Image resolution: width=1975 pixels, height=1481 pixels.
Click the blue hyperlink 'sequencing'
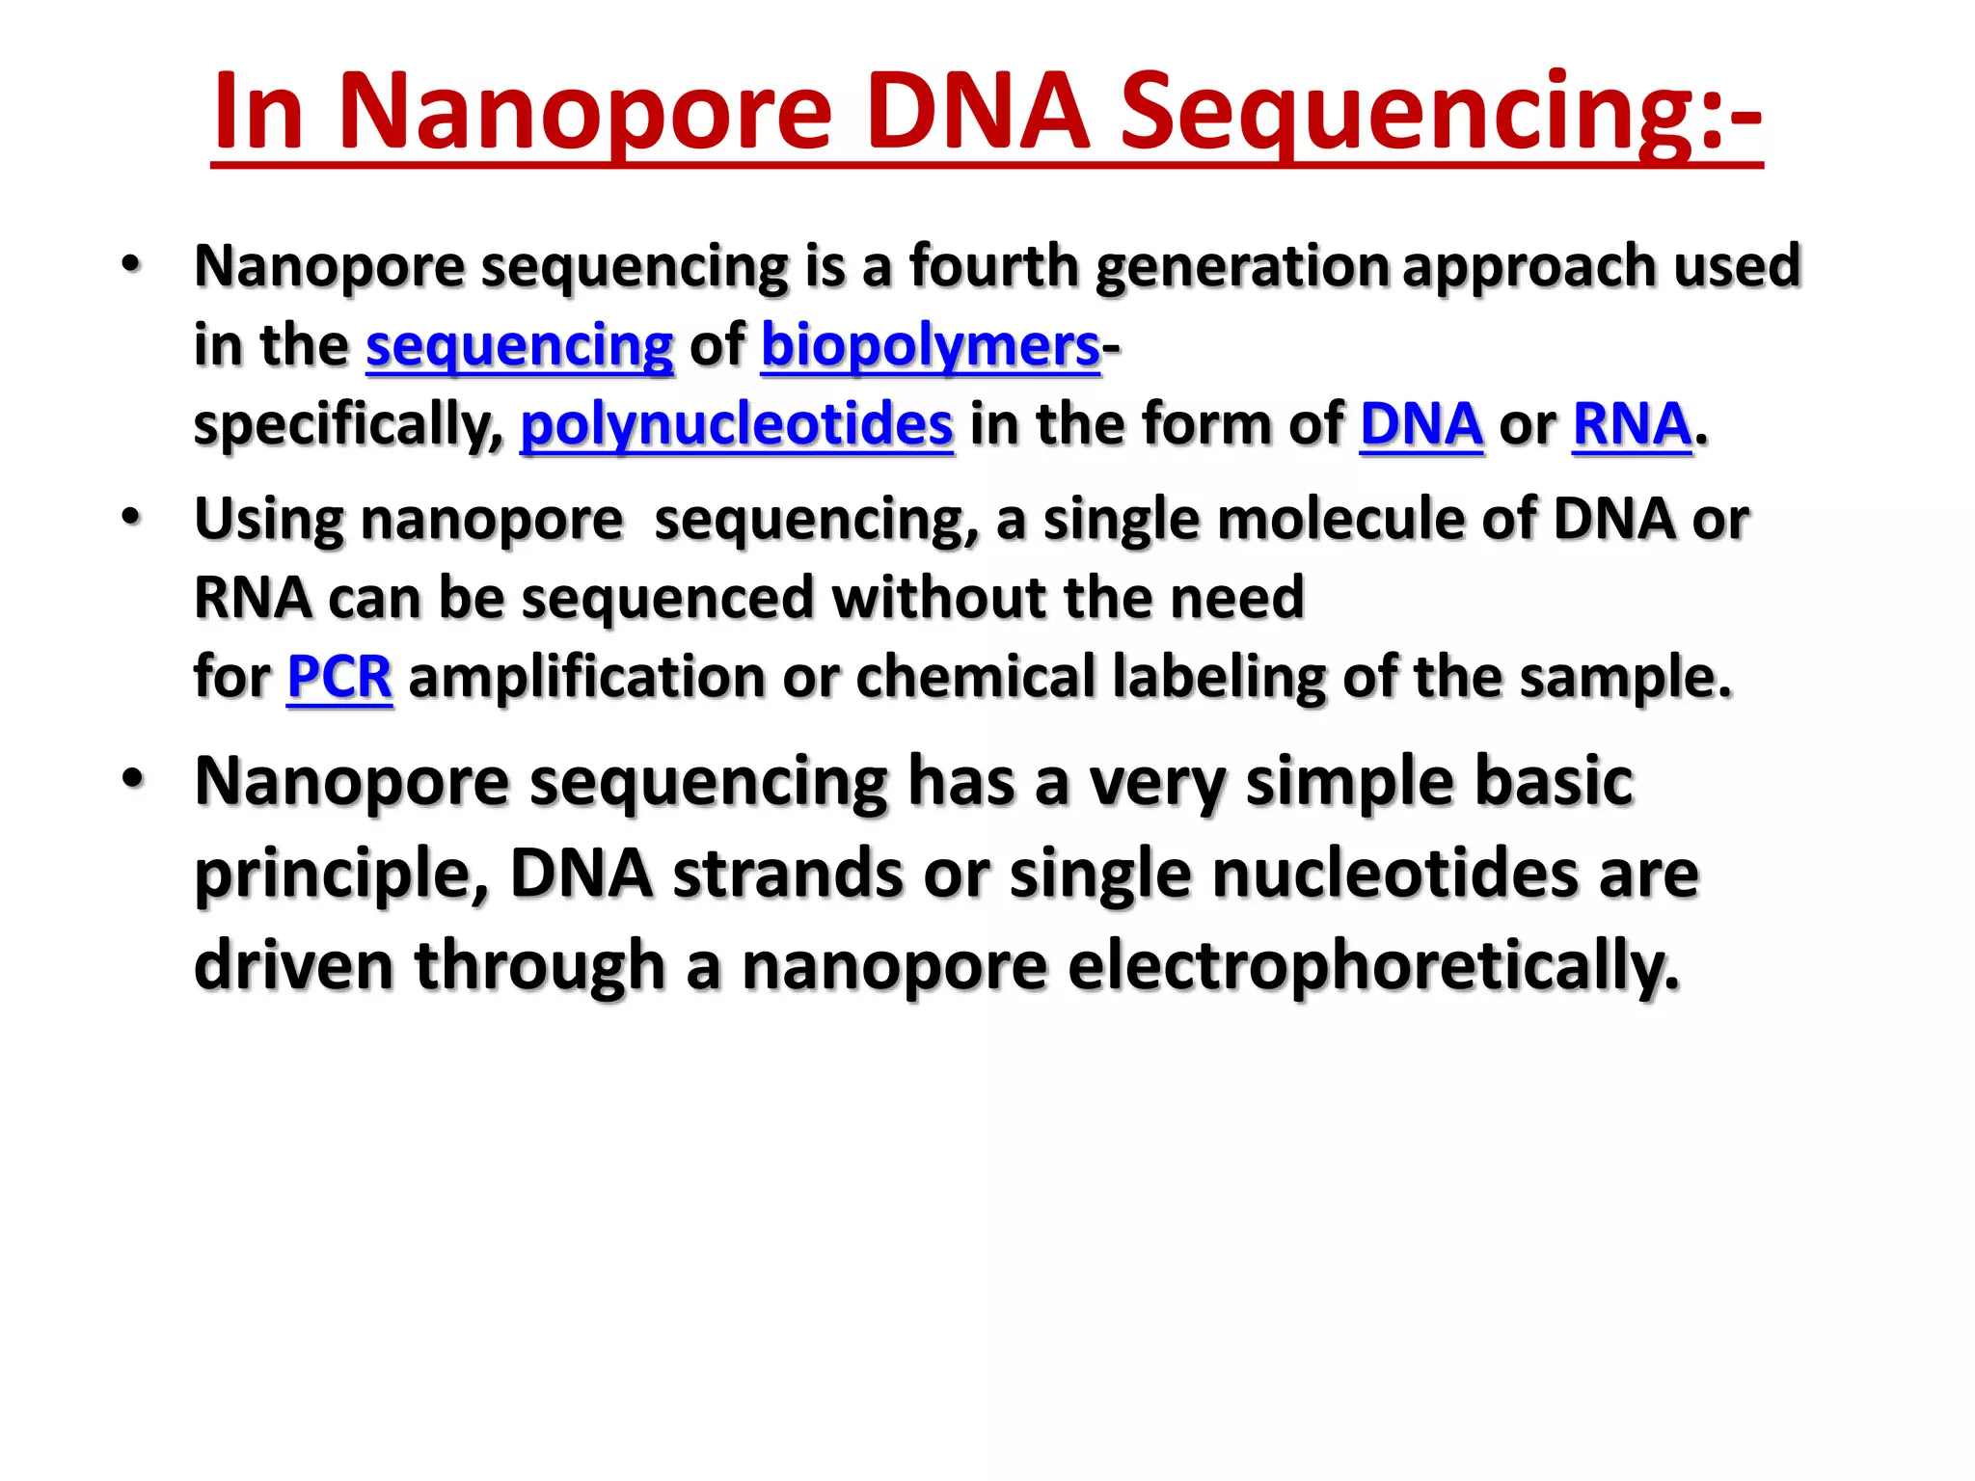click(x=519, y=346)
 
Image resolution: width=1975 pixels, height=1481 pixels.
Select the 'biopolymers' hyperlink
click(x=931, y=346)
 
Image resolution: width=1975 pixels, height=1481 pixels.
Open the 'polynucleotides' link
click(x=737, y=424)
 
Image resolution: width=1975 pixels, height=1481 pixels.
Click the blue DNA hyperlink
click(x=1421, y=424)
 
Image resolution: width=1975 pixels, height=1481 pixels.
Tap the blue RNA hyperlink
click(x=1632, y=424)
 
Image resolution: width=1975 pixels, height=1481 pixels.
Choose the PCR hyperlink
click(x=339, y=677)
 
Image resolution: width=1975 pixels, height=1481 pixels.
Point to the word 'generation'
click(x=1242, y=266)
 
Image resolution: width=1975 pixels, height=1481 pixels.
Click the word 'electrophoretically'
click(x=1374, y=965)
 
